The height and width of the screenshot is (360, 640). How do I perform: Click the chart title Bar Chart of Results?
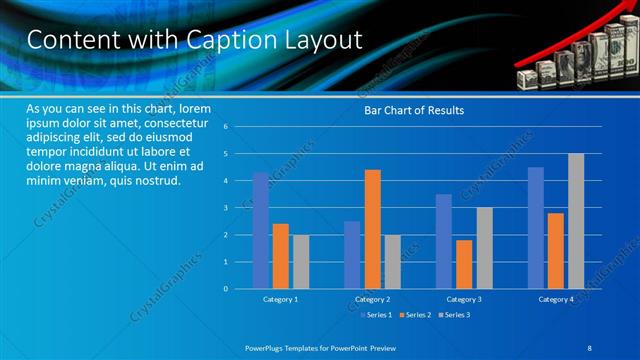tap(414, 110)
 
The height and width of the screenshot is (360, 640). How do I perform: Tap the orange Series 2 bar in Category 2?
tap(372, 229)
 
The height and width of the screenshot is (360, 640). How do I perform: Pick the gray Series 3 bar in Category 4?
tap(576, 221)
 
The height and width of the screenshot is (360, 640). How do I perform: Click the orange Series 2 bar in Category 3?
tap(464, 264)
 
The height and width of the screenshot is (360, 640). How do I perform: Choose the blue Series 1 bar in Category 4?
tap(536, 228)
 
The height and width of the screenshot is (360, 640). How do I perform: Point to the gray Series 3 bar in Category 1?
tap(300, 261)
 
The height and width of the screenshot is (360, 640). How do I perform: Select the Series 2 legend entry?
tap(415, 315)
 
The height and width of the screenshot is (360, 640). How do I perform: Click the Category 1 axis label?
tap(280, 300)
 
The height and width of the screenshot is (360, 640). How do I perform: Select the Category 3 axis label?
tap(464, 300)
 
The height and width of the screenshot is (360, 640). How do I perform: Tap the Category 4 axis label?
tap(556, 300)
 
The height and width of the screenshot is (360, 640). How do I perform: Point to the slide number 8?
tap(590, 347)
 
